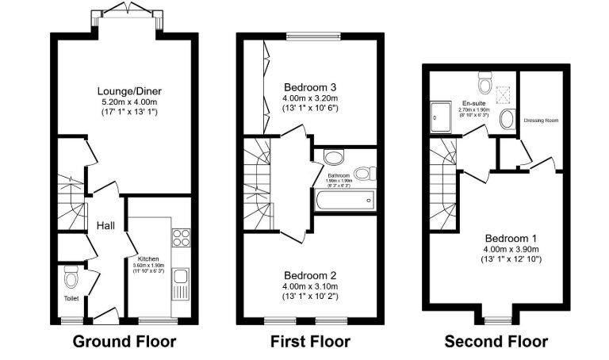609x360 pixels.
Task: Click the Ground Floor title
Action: coord(124,342)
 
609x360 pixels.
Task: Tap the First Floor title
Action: coord(310,342)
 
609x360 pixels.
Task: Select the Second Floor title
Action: coord(496,342)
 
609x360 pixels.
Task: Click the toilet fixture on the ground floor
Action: coord(71,277)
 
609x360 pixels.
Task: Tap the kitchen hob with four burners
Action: coord(181,237)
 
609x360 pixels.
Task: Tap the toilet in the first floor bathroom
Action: coord(362,172)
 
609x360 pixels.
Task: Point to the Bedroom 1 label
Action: coord(511,237)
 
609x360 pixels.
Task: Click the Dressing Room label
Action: coord(542,121)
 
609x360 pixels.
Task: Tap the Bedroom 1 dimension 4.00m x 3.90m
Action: coord(511,249)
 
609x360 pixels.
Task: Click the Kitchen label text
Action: coord(149,259)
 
